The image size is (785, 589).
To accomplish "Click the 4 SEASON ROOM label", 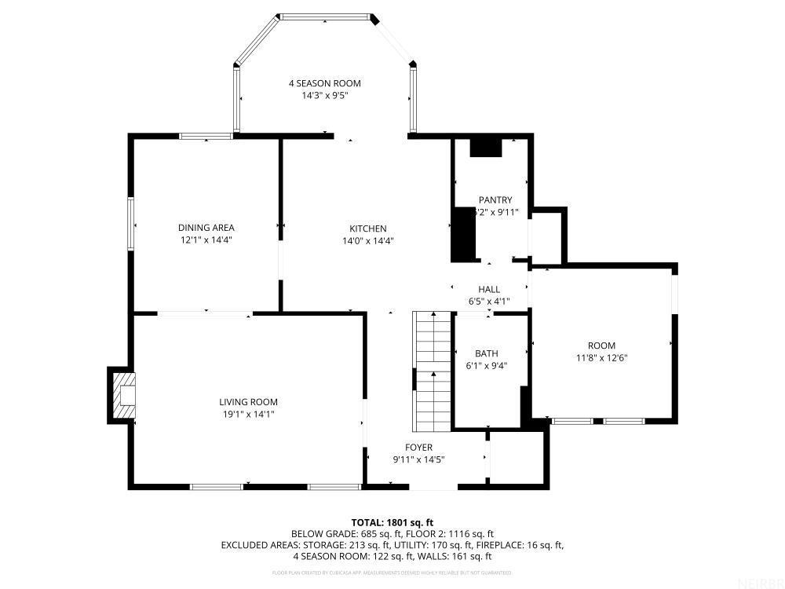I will (x=324, y=83).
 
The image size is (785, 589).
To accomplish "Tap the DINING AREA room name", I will (x=206, y=229).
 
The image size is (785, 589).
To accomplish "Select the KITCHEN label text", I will (x=368, y=229).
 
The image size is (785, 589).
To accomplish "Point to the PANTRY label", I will (x=495, y=200).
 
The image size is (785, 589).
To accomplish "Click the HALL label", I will (x=489, y=290).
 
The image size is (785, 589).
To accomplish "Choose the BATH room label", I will (x=486, y=353).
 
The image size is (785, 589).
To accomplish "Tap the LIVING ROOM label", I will (x=248, y=402).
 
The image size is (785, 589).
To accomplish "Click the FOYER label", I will (x=418, y=448).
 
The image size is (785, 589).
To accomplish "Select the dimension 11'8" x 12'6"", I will (x=601, y=357).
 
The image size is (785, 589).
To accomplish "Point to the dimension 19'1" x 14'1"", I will (x=248, y=414).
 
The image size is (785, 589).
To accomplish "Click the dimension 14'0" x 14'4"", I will (x=368, y=241).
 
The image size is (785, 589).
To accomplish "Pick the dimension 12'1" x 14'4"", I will (x=206, y=241).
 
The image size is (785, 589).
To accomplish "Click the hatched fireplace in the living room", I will (x=123, y=396).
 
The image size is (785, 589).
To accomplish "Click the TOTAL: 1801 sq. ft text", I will (x=392, y=522).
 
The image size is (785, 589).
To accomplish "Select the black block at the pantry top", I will (x=485, y=148).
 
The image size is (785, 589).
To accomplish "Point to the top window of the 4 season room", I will (x=326, y=17).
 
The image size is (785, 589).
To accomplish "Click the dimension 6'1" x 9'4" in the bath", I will (x=486, y=365).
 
